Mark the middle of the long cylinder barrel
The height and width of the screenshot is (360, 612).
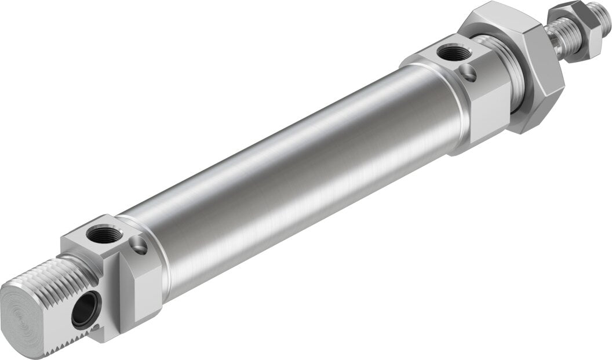click(x=290, y=168)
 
